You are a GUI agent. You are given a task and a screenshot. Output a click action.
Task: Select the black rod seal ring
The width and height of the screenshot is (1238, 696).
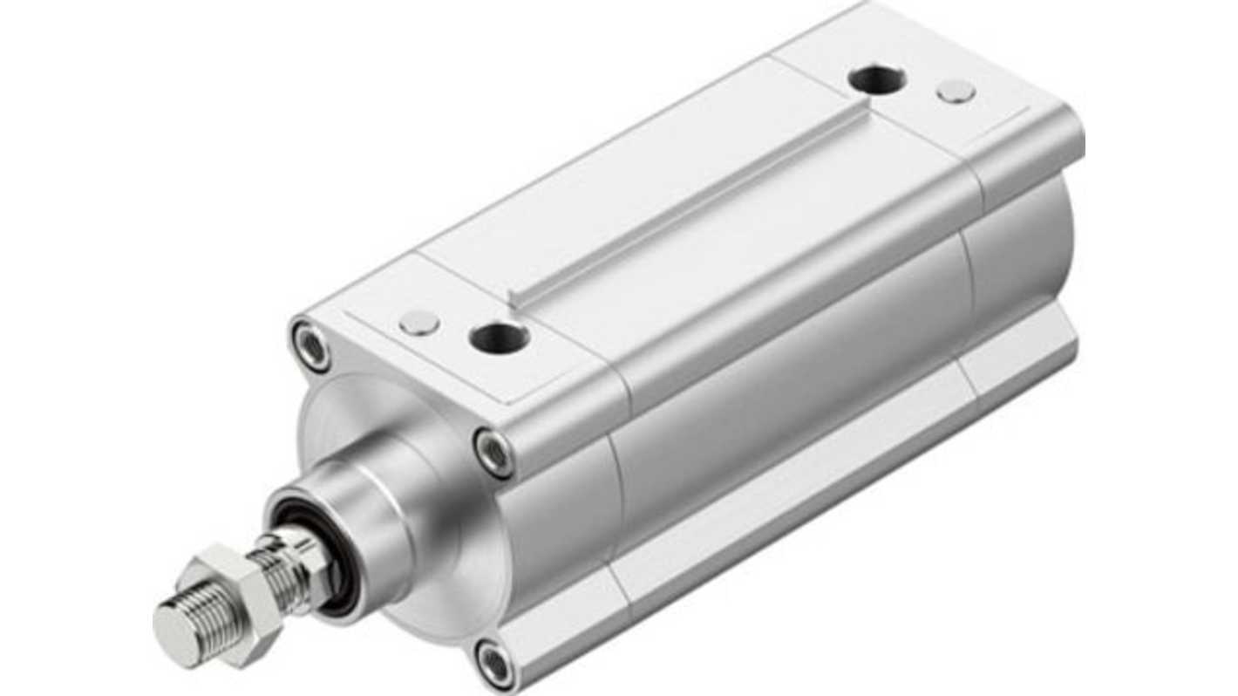(x=336, y=567)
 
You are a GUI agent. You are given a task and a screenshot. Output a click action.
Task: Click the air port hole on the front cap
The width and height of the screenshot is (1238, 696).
(x=498, y=337)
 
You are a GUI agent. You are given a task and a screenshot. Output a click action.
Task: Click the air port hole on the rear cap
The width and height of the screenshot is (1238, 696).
(x=876, y=80)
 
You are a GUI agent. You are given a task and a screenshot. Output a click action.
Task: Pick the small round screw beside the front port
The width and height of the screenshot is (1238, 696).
(x=419, y=324)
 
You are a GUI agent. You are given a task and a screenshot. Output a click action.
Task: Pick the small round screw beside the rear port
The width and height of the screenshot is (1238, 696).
(x=956, y=91)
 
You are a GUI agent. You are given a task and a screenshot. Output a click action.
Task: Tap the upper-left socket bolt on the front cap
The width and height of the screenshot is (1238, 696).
(x=311, y=346)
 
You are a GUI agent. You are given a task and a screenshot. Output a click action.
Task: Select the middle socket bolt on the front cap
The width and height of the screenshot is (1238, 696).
(x=494, y=453)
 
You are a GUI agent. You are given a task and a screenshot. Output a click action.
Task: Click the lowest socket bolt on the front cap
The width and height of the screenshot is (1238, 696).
(x=496, y=665)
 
